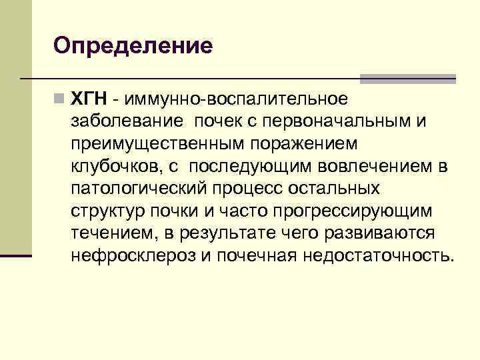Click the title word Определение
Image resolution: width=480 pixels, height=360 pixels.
pyautogui.click(x=133, y=46)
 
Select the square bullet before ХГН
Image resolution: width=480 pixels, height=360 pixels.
pyautogui.click(x=61, y=99)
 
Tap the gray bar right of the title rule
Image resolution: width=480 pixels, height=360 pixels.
pyautogui.click(x=407, y=79)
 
